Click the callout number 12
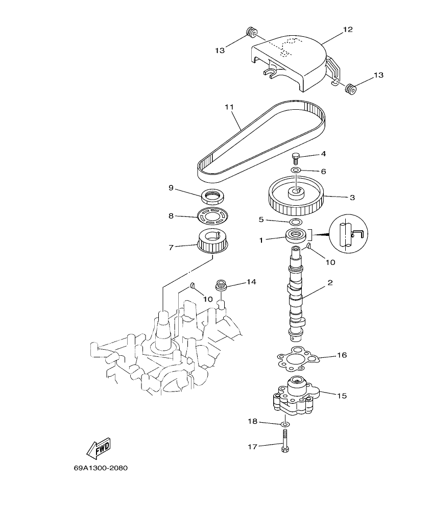[x=347, y=30]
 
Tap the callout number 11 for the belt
[x=228, y=107]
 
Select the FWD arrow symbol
[x=98, y=448]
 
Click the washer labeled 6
[x=296, y=169]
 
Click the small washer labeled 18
[x=285, y=424]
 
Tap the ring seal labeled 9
[x=213, y=196]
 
